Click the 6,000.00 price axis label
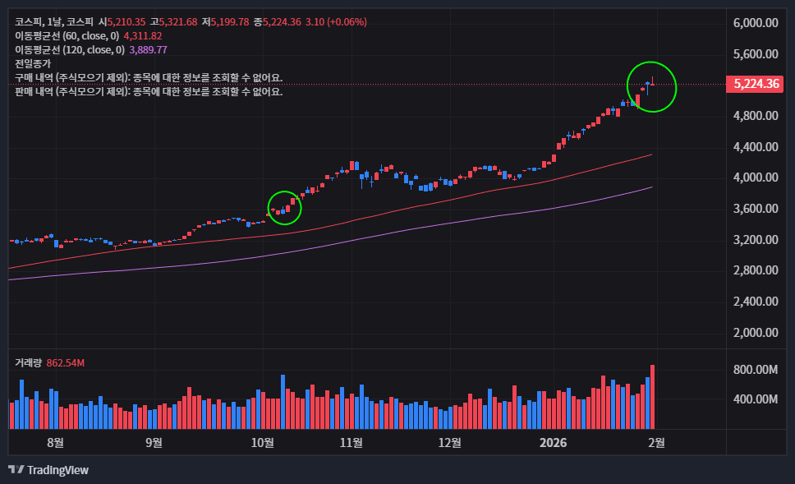755,23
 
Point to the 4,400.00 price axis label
755,147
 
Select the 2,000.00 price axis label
755,333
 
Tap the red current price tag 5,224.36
756,84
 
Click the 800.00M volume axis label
755,370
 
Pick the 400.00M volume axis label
755,399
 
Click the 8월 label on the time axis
55,442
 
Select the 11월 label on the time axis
351,442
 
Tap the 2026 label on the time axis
553,442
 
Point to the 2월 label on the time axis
656,442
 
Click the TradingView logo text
57,470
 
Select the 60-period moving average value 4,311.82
142,35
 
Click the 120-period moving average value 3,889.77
148,49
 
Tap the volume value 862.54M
66,362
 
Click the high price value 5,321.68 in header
178,21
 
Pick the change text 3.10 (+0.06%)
336,21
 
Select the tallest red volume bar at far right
653,396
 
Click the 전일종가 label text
33,63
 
